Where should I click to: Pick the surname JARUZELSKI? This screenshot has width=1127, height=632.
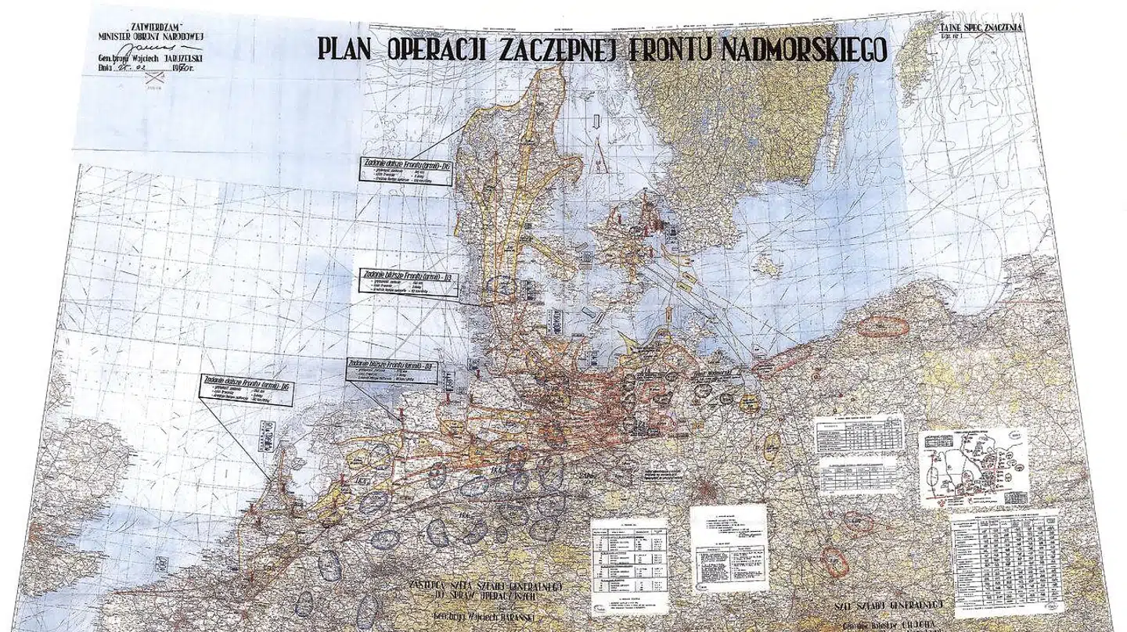coord(178,58)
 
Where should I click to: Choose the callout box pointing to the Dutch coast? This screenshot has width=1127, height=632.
coord(247,389)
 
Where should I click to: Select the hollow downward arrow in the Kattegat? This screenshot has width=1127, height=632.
coord(597,120)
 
